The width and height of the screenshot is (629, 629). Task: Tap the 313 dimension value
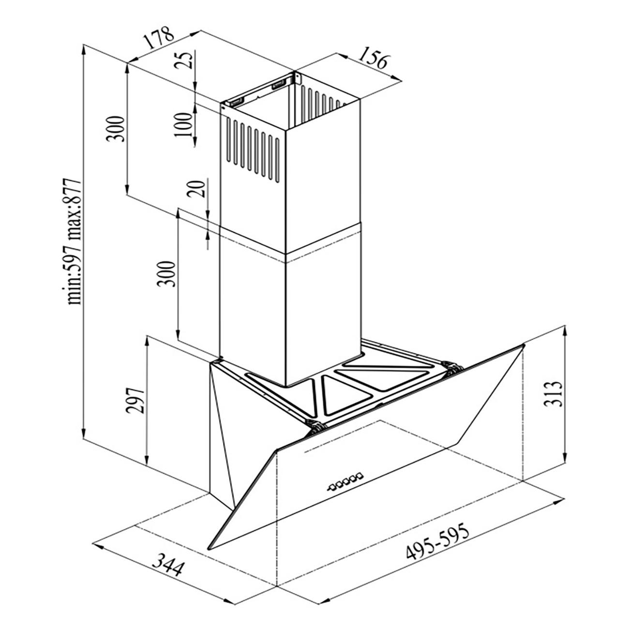[553, 393]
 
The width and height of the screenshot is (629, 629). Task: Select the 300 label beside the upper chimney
[115, 128]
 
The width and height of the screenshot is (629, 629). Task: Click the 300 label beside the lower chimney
[166, 273]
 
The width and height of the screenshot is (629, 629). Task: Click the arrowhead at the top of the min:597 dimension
[85, 51]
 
